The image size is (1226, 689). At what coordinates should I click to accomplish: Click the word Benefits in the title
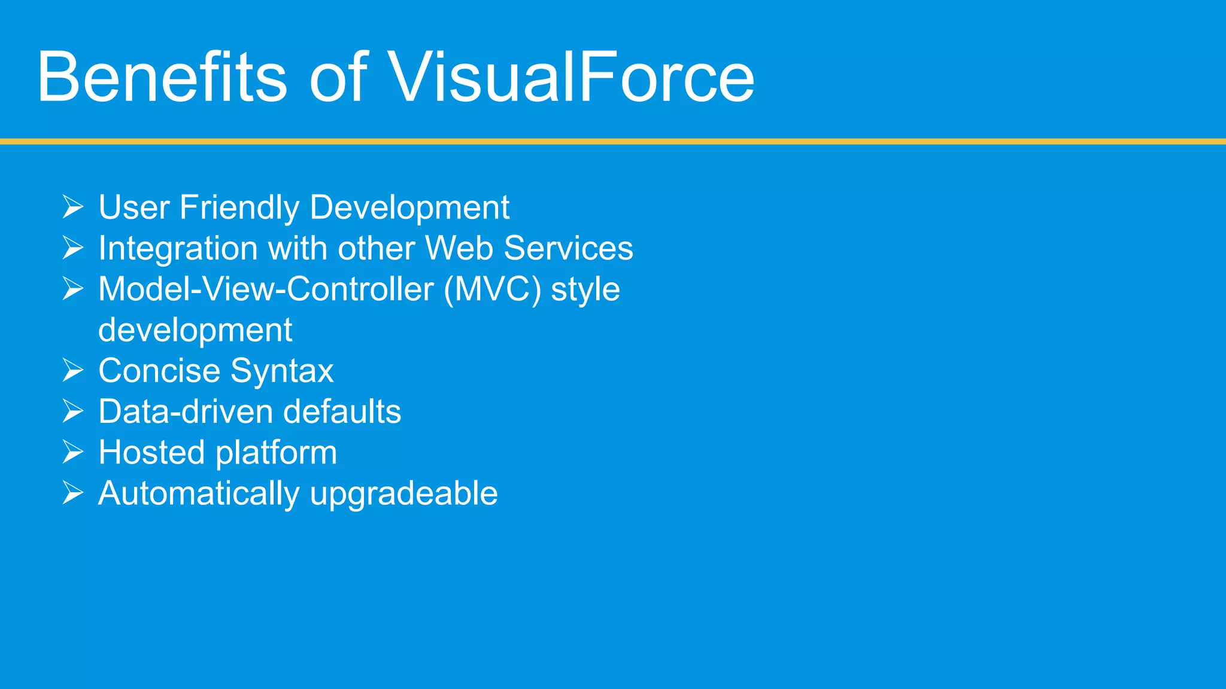162,78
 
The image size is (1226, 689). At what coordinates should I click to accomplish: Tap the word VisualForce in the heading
572,78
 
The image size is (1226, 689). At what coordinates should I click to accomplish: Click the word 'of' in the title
338,78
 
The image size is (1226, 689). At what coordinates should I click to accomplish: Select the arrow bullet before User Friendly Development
72,207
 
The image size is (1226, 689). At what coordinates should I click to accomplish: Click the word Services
568,248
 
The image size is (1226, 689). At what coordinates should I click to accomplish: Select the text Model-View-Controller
266,289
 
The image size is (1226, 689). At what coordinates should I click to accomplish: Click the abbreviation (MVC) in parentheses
492,289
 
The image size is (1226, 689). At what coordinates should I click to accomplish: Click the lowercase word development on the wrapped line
195,331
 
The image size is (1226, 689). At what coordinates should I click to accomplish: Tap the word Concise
159,371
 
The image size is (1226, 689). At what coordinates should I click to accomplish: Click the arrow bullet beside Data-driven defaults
72,411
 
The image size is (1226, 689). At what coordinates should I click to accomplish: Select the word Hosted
151,452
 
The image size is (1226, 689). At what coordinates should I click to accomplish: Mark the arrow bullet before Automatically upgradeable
72,493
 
